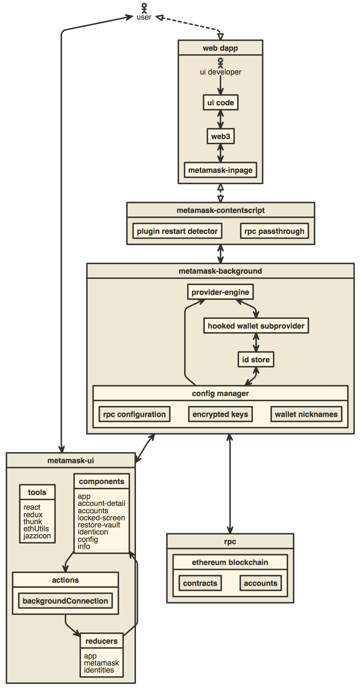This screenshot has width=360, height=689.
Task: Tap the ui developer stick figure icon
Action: point(221,62)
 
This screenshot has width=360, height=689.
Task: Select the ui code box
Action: point(221,102)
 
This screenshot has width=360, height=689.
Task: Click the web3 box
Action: point(221,136)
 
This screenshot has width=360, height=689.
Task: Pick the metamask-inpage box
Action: point(221,170)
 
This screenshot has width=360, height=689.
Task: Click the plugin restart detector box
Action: point(177,231)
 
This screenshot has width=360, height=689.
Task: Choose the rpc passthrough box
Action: point(274,231)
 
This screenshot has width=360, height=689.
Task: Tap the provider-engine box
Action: point(221,292)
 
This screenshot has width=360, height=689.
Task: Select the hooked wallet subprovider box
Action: point(256,326)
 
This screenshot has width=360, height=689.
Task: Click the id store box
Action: point(256,359)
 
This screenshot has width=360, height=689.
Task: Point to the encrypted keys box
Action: point(220,414)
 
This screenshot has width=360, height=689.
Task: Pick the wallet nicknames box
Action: point(306,414)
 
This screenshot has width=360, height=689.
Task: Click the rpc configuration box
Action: point(134,414)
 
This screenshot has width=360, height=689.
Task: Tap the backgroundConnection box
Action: point(65,601)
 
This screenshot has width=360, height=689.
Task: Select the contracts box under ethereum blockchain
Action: point(200,583)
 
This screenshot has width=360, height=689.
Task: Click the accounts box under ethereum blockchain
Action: point(260,583)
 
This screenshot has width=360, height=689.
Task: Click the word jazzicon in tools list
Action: point(37,536)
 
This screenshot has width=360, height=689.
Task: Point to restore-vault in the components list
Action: point(99,525)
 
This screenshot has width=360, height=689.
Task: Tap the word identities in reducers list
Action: point(99,670)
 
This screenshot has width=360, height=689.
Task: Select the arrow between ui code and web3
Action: point(221,119)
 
